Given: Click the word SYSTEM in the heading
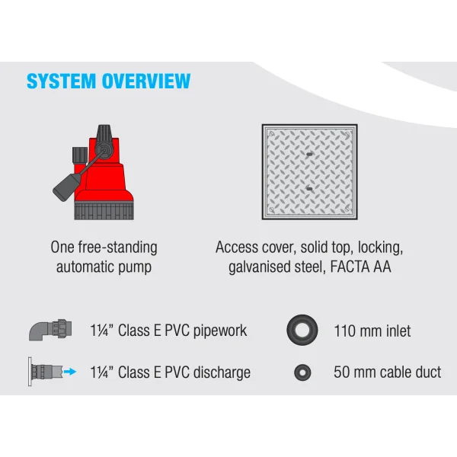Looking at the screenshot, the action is point(61,81).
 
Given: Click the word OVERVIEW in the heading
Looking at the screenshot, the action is point(146,81).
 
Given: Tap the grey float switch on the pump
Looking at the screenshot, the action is point(66,187).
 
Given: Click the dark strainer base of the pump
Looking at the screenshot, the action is point(104,211).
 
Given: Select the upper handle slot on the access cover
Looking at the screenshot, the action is point(309,154).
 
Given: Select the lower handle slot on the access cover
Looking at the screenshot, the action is point(309,189).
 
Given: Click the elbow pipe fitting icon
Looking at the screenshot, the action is point(50,330).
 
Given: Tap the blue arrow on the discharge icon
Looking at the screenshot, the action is point(70,372).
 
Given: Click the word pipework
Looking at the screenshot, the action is point(220,331).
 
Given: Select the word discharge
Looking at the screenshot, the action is point(222,372).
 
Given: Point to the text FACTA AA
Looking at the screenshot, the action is point(360,267).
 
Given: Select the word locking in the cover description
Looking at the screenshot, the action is point(380,248).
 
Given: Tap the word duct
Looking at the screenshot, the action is point(428,372).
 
